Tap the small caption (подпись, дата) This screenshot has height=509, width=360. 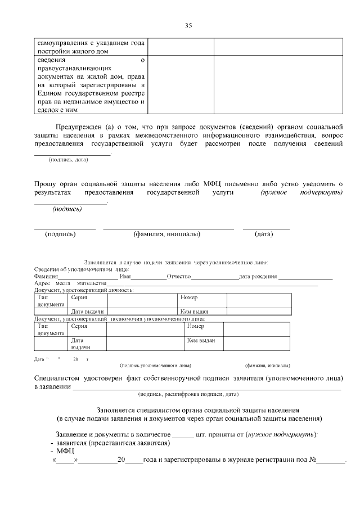coord(68,160)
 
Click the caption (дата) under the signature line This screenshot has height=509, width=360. coord(264,234)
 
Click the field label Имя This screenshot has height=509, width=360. coord(125,277)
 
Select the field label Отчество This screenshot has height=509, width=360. coord(179,277)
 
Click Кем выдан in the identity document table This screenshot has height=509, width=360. coord(195,312)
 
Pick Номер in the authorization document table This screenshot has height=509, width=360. coord(195,326)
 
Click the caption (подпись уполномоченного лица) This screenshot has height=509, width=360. coord(155,365)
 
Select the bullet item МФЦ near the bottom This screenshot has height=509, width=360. coord(65,451)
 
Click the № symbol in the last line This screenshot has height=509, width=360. coord(313,460)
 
